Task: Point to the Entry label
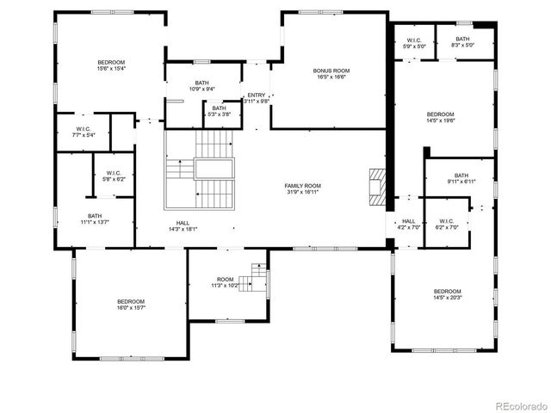click(x=257, y=98)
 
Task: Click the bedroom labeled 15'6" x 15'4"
click(x=111, y=65)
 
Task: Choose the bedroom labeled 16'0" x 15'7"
click(x=131, y=305)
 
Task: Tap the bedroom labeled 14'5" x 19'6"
click(x=440, y=118)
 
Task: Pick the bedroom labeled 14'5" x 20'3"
click(x=448, y=294)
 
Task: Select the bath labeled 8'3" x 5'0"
click(x=463, y=42)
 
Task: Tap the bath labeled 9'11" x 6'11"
click(x=461, y=178)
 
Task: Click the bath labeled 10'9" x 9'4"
click(x=201, y=86)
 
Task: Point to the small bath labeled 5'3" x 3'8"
click(x=219, y=111)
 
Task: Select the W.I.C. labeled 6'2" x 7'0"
click(x=446, y=224)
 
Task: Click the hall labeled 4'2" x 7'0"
click(x=407, y=225)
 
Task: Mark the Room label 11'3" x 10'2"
click(x=225, y=282)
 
